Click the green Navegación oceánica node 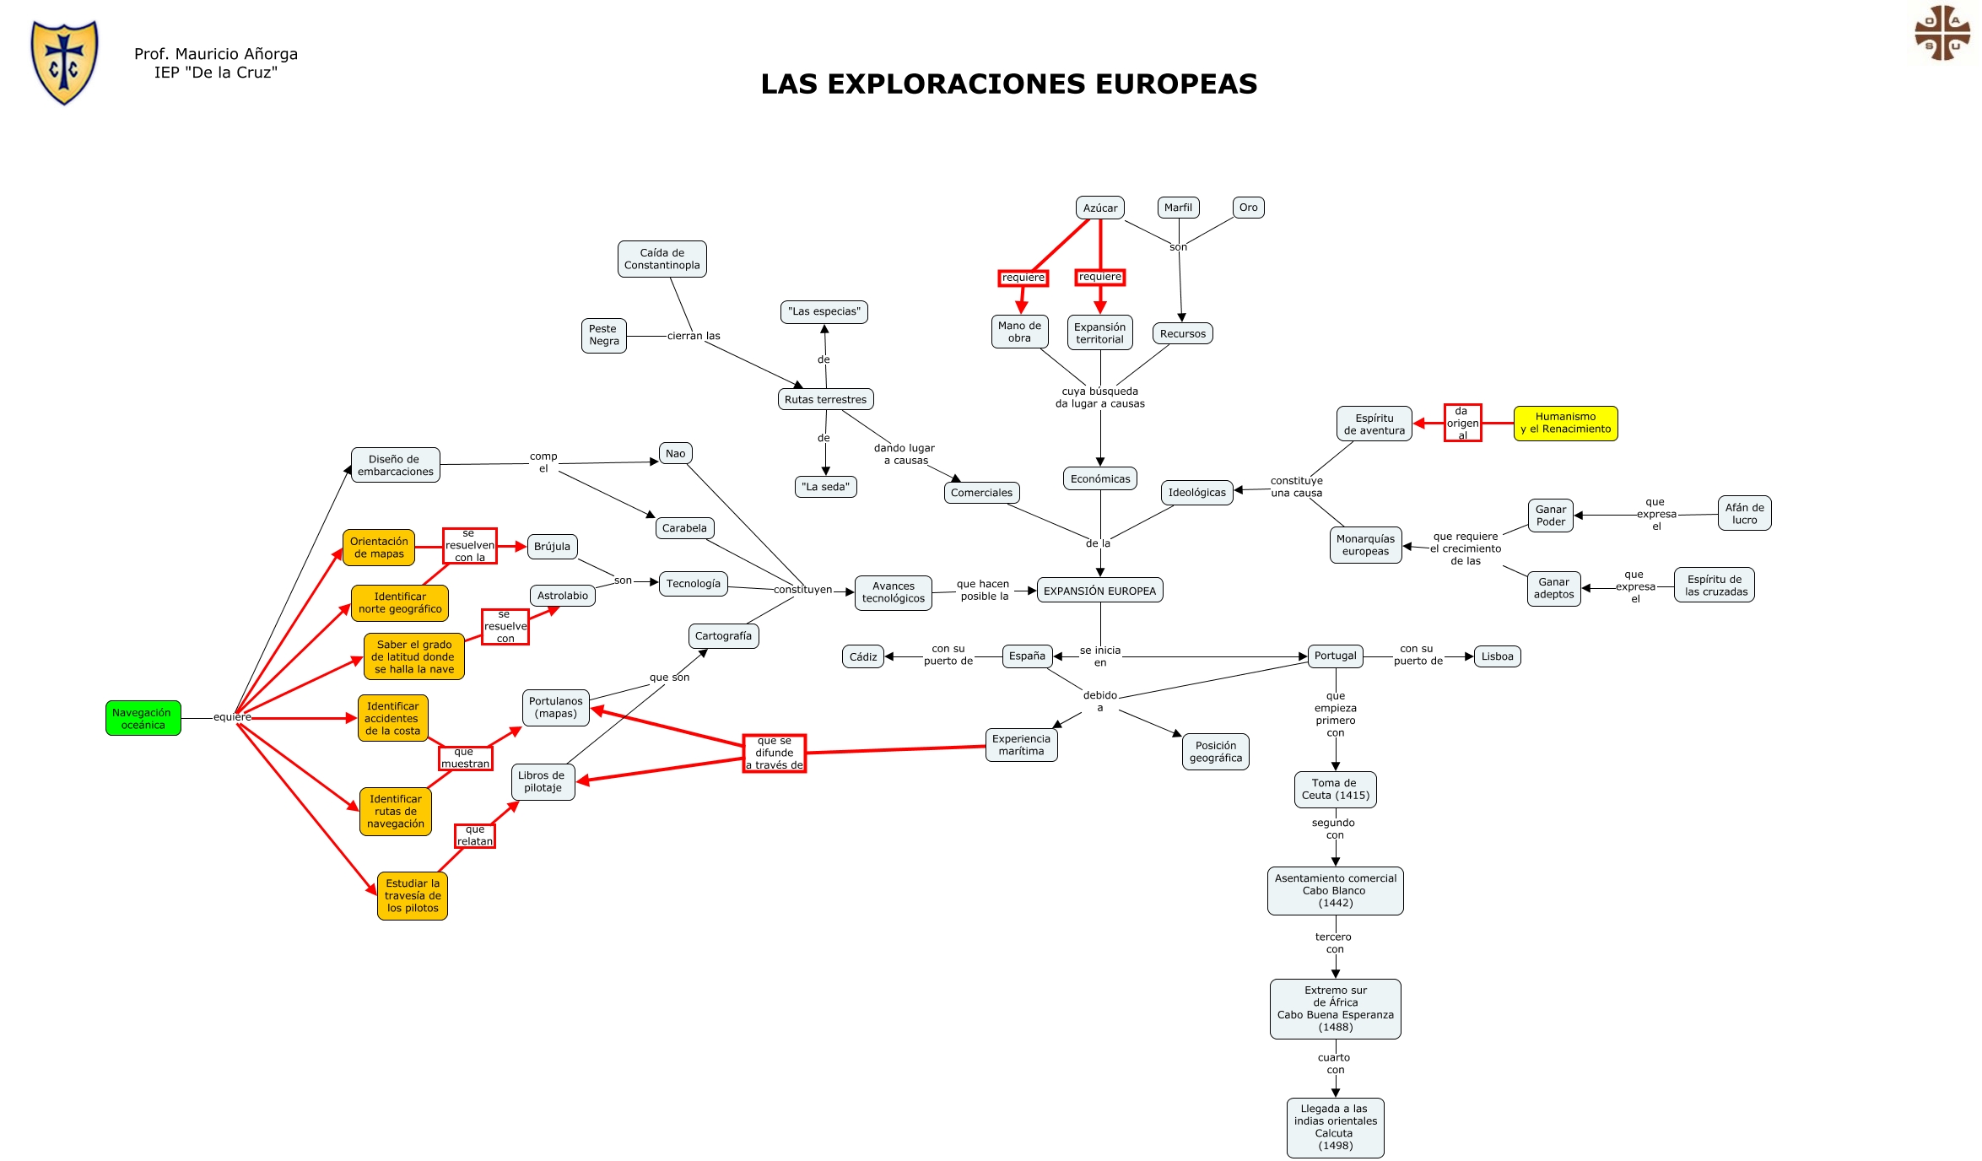click(x=143, y=718)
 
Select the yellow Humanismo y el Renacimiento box click(x=1565, y=423)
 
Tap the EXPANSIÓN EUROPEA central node click(x=1099, y=591)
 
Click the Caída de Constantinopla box click(x=662, y=259)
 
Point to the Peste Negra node click(x=603, y=335)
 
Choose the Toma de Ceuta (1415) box click(x=1335, y=789)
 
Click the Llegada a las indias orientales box click(x=1335, y=1127)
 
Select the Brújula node click(x=552, y=547)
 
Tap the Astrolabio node click(x=562, y=596)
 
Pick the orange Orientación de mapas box click(x=379, y=548)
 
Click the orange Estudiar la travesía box click(x=413, y=895)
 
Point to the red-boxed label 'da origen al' click(x=1462, y=423)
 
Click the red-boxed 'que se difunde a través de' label click(x=774, y=753)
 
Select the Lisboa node click(x=1497, y=656)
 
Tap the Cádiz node click(x=862, y=656)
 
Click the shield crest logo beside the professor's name click(x=64, y=62)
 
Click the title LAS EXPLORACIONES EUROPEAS click(x=1008, y=84)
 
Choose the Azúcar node click(x=1099, y=208)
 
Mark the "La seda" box click(x=825, y=487)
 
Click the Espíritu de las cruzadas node click(x=1715, y=585)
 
